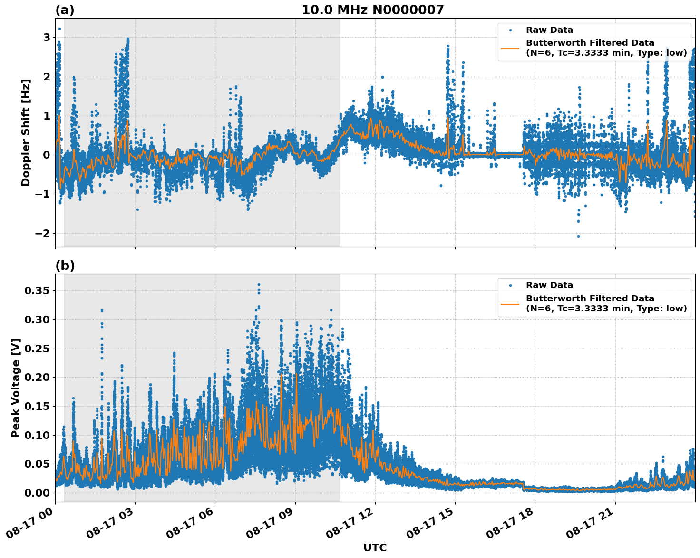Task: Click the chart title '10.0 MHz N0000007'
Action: [372, 10]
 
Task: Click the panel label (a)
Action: [65, 10]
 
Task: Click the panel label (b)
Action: [65, 266]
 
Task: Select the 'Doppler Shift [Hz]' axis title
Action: [26, 132]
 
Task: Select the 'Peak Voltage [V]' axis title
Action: [16, 388]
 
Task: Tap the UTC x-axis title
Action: [375, 548]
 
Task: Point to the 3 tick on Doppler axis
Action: [47, 38]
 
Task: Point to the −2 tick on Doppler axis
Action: [43, 233]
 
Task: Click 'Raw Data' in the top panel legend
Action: [549, 30]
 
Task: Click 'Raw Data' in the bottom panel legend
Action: [549, 285]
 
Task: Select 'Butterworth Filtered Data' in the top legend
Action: [590, 43]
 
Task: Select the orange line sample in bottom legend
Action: [510, 303]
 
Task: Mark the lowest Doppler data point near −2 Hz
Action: [578, 236]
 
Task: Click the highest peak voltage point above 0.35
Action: [259, 285]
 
